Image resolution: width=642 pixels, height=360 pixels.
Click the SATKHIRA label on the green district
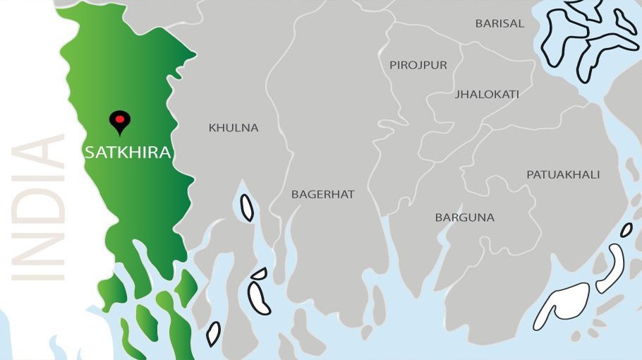point(128,152)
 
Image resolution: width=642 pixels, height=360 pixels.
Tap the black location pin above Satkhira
point(120,121)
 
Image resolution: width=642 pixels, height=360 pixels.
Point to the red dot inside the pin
point(120,119)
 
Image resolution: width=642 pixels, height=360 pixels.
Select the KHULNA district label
point(234,128)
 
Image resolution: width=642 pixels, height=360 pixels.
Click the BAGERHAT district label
point(323,194)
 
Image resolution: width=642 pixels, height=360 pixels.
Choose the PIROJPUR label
point(418,65)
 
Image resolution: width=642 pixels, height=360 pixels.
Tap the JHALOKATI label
point(487,94)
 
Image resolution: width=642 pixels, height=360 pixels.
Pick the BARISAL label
point(499,23)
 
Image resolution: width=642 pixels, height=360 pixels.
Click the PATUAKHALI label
point(563,174)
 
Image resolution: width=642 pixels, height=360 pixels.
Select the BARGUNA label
point(465,217)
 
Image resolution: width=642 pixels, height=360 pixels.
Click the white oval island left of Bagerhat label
point(247,208)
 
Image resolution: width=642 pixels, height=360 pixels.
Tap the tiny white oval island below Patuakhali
point(626,229)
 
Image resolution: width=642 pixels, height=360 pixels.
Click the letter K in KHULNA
point(212,128)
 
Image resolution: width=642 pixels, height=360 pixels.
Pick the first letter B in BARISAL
point(479,23)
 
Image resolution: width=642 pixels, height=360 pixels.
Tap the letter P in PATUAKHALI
point(530,174)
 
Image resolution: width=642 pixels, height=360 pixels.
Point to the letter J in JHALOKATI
point(458,94)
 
